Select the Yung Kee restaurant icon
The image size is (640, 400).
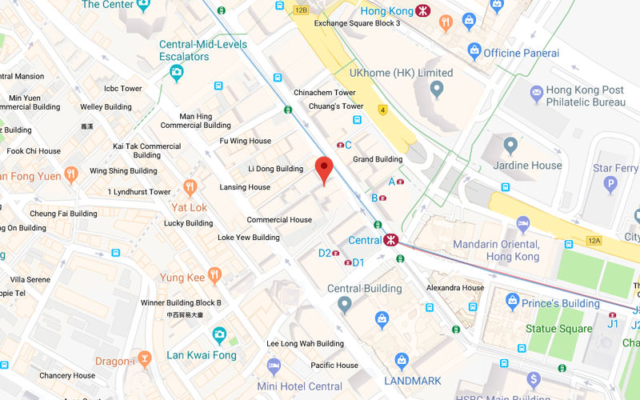coord(214,276)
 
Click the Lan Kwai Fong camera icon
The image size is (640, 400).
coord(218,336)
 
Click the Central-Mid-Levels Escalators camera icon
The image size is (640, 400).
coord(176,74)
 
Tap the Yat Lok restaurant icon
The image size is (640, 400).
coord(190,188)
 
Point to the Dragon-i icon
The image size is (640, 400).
coord(144,359)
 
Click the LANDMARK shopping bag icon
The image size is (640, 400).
coord(402,362)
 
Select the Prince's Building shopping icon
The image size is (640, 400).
coord(513,301)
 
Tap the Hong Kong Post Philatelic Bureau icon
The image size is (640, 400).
coord(535,96)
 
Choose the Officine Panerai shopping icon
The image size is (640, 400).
coord(474,52)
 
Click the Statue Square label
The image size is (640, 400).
coord(558,329)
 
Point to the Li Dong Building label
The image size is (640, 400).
coord(275,169)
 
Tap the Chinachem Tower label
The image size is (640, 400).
coord(324,93)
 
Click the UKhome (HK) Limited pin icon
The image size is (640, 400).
coord(437,90)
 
